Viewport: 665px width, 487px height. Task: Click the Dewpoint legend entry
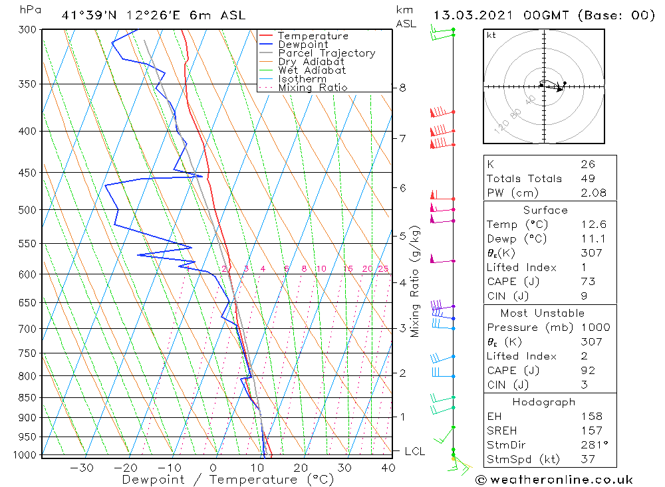303,45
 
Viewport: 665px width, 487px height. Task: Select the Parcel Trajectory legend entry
327,53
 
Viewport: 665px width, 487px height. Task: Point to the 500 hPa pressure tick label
29,210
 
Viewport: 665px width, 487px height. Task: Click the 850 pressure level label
29,397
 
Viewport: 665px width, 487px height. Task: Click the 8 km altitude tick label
402,88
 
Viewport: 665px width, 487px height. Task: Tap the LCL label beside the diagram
414,451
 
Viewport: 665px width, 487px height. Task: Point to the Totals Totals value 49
587,178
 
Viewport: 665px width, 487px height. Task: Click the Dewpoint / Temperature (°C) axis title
227,479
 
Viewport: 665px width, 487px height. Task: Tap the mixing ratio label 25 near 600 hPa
383,268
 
